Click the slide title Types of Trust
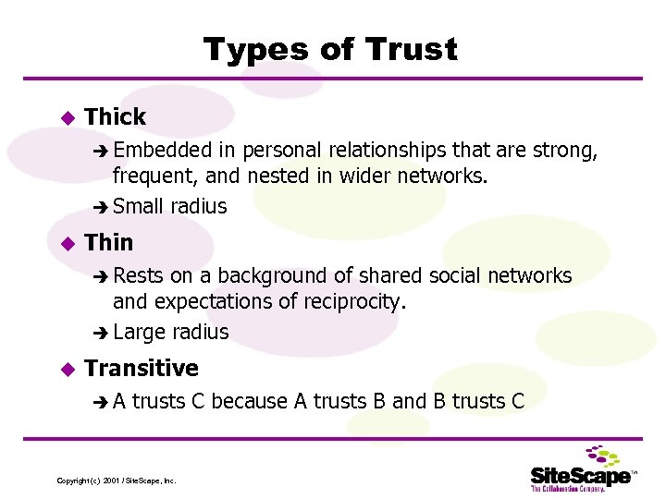pyautogui.click(x=330, y=49)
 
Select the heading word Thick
pyautogui.click(x=115, y=116)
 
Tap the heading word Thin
pyautogui.click(x=109, y=242)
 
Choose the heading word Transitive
pyautogui.click(x=142, y=368)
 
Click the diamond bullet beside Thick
pyautogui.click(x=66, y=117)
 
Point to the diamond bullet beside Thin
pyautogui.click(x=66, y=243)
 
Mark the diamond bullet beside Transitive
pyautogui.click(x=66, y=369)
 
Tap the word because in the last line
pyautogui.click(x=249, y=401)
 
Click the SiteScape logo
pyautogui.click(x=583, y=469)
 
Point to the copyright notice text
pyautogui.click(x=117, y=481)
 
